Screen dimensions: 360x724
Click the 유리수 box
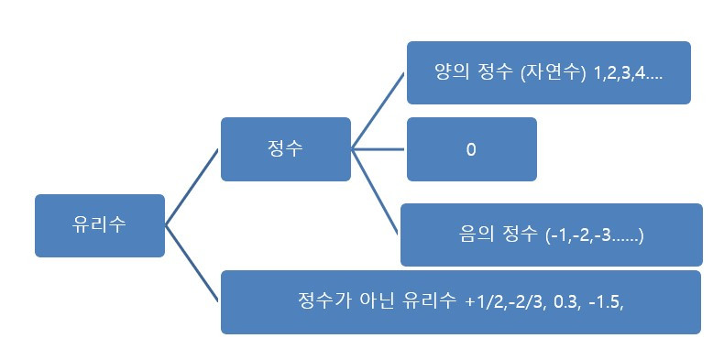pos(99,225)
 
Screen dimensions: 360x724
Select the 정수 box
pos(285,149)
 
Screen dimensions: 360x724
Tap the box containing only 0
pos(471,149)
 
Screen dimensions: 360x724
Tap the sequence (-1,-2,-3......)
pos(594,235)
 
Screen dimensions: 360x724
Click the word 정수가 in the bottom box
pos(321,301)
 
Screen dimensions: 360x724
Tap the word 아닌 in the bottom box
pos(371,301)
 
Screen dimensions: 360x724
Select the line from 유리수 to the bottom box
pos(192,263)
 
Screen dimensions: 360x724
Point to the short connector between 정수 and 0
pos(378,149)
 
